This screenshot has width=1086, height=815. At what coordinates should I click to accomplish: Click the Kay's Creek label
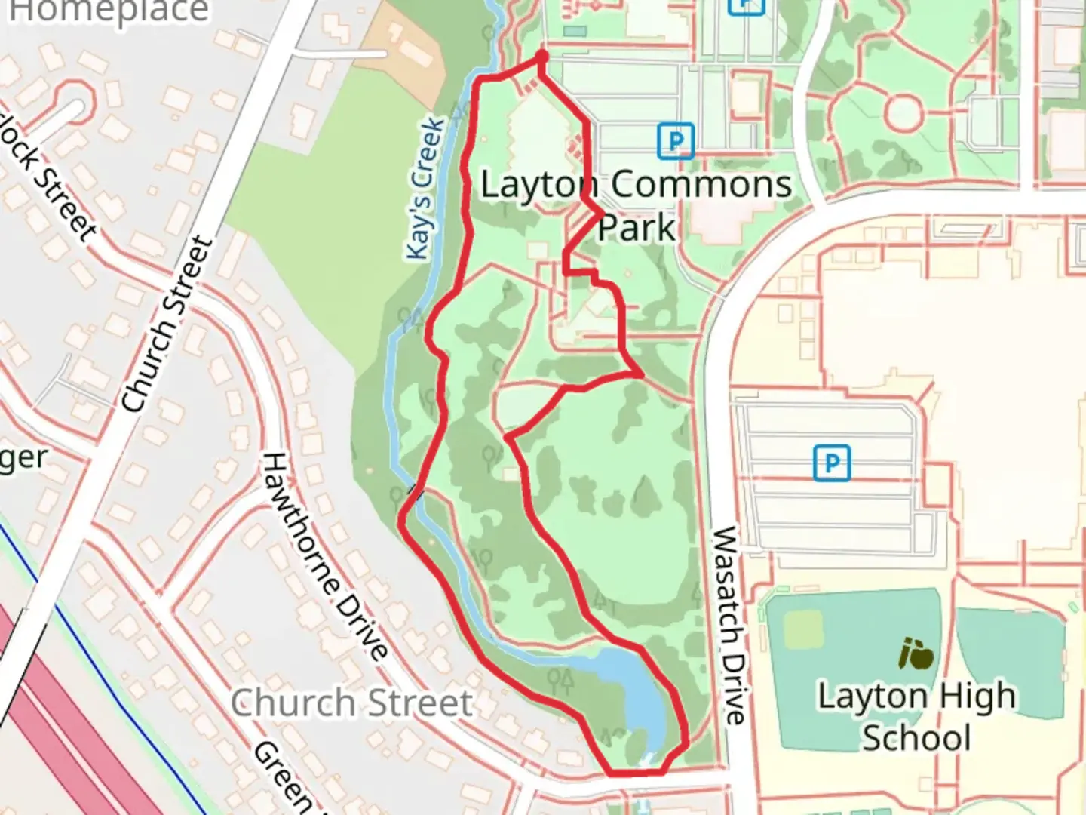click(x=425, y=189)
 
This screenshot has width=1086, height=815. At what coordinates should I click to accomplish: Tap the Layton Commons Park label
click(x=636, y=205)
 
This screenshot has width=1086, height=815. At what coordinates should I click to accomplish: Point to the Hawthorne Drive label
click(x=325, y=555)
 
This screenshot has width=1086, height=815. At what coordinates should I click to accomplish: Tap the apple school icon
click(x=916, y=654)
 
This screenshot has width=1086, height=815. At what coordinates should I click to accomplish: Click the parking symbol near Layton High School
click(x=831, y=463)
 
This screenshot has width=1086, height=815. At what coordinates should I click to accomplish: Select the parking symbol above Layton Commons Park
click(x=675, y=141)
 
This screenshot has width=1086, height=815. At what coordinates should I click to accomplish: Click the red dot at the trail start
click(x=541, y=57)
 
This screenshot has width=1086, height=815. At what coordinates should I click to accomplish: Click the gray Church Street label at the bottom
click(x=351, y=703)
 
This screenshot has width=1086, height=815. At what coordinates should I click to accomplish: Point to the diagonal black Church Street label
click(x=167, y=324)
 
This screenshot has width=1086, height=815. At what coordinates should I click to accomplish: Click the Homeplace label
click(x=109, y=11)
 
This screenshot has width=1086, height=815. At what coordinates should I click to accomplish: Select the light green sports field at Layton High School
click(x=802, y=629)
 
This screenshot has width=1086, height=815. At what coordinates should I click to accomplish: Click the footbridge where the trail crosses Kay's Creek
click(x=414, y=493)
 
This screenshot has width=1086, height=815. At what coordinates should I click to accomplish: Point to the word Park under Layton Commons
click(x=636, y=227)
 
